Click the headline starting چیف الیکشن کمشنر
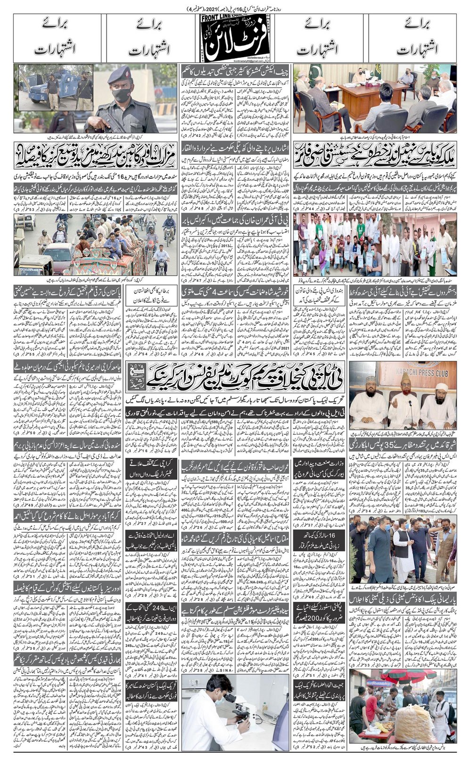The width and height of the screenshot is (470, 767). tap(235, 72)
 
